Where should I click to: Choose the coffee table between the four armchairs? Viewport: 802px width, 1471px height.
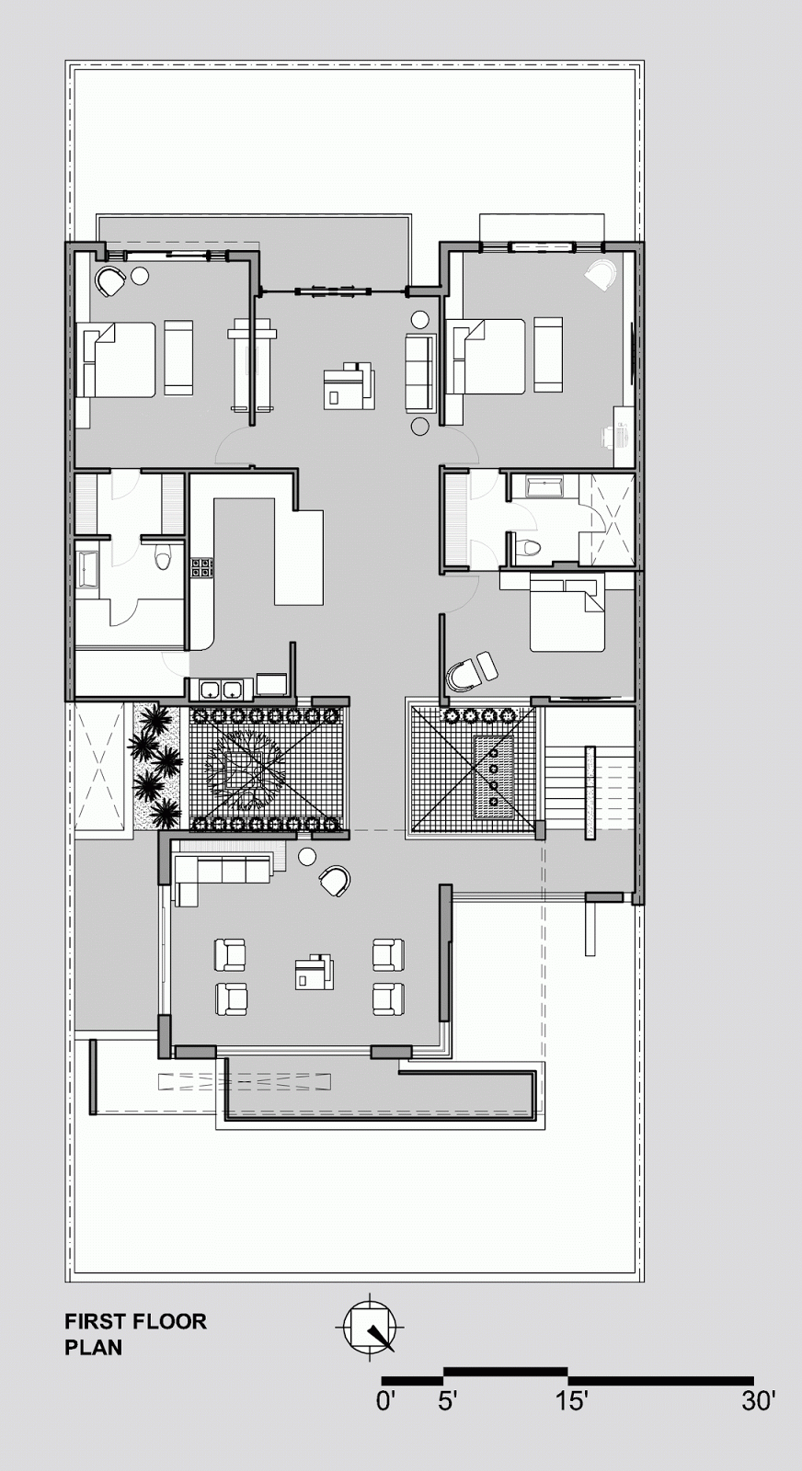(314, 971)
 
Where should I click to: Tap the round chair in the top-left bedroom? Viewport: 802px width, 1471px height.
(110, 281)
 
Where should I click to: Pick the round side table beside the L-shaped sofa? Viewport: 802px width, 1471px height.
(307, 856)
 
